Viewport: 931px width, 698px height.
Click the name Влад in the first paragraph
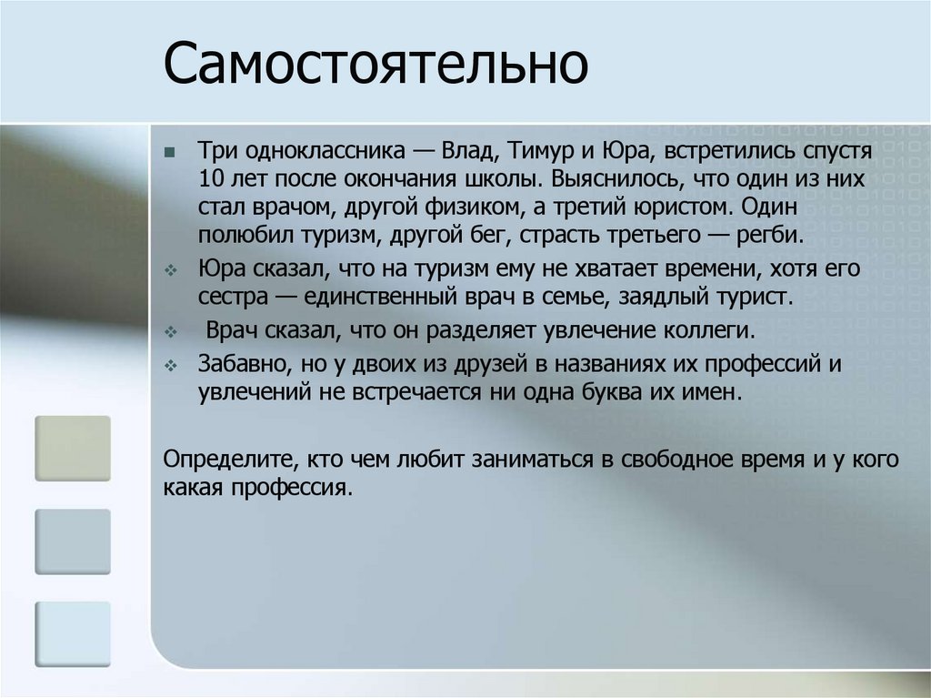click(x=465, y=149)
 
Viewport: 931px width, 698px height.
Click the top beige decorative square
click(x=73, y=448)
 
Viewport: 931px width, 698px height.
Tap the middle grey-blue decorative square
click(x=73, y=541)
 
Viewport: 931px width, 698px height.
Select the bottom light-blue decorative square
click(x=73, y=633)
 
